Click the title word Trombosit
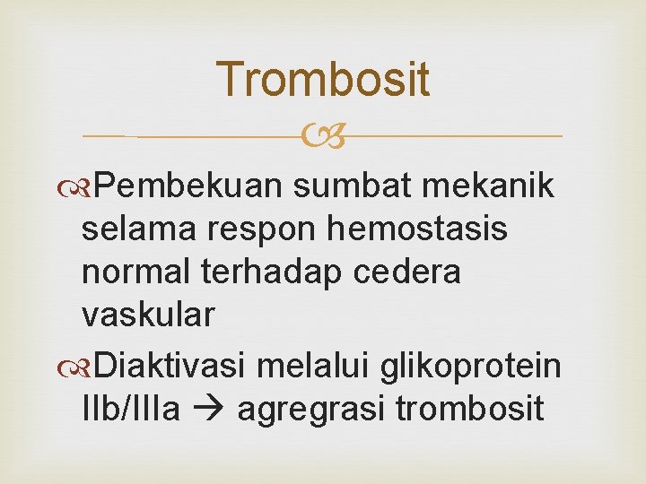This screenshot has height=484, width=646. (x=323, y=79)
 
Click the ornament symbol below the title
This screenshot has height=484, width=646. (x=323, y=136)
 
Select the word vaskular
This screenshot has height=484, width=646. (x=148, y=315)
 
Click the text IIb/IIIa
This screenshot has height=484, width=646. (x=131, y=408)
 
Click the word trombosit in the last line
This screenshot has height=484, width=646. (x=469, y=408)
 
